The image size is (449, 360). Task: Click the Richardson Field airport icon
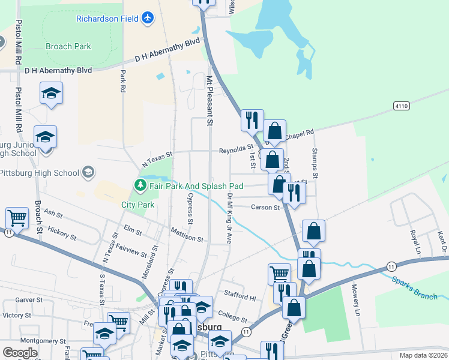tap(148, 18)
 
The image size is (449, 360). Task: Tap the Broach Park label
tap(68, 46)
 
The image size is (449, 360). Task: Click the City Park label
tap(138, 205)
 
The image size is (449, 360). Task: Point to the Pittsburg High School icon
tap(88, 173)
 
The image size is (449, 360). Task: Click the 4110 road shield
tap(402, 106)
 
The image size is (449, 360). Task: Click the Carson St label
tap(265, 208)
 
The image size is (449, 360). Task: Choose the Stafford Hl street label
tap(240, 296)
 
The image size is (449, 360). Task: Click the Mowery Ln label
tap(357, 300)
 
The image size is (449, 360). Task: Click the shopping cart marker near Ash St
tap(17, 218)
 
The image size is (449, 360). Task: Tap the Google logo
tap(20, 353)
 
